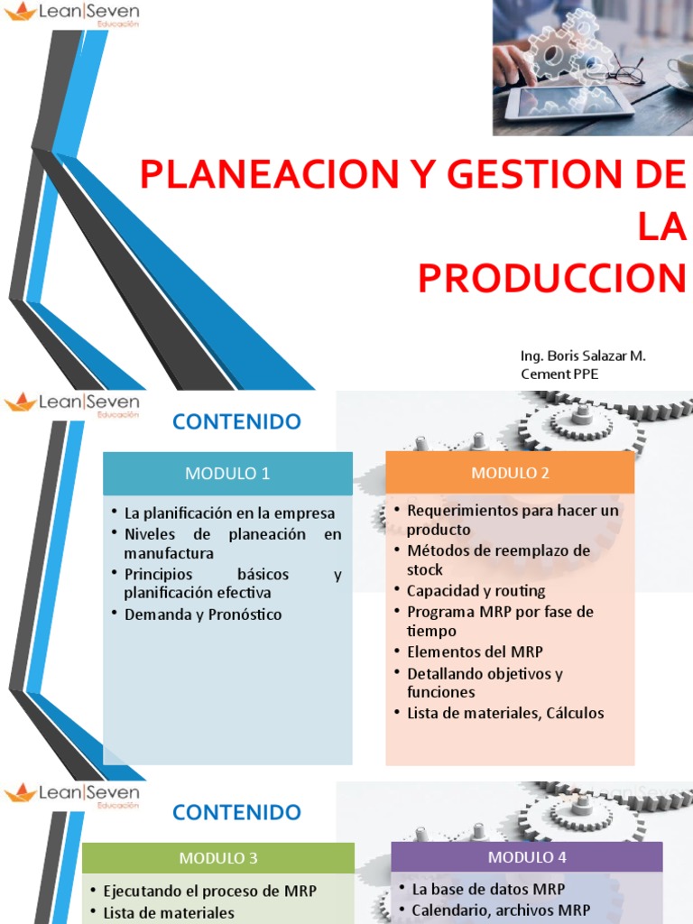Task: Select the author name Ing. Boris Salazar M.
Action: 583,356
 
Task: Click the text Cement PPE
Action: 559,374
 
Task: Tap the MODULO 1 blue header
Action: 227,474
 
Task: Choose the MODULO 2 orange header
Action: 510,473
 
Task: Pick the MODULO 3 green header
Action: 218,857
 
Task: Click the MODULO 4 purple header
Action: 527,857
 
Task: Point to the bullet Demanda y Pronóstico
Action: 203,614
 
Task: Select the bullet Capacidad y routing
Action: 476,591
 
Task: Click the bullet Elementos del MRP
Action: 475,651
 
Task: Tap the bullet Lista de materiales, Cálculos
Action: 505,713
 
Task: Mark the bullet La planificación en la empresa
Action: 229,513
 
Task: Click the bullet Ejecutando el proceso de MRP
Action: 209,891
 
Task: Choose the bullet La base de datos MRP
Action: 488,889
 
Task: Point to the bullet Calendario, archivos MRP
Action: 500,910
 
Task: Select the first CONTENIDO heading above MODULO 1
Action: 236,421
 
